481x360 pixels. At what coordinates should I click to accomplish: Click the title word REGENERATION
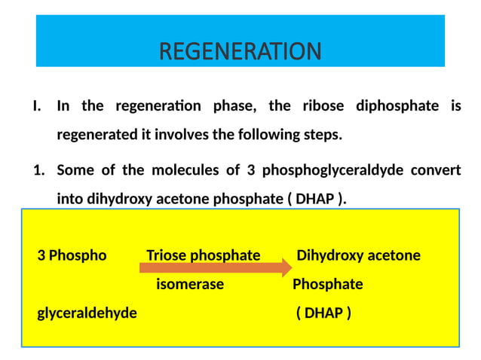click(x=240, y=51)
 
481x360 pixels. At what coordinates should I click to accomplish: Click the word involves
click(x=193, y=136)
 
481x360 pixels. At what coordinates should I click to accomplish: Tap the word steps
click(x=322, y=136)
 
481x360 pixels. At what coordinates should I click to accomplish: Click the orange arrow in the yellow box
click(x=215, y=267)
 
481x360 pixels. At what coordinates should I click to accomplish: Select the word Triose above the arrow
click(x=167, y=255)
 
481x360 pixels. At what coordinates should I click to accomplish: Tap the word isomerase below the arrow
click(x=190, y=285)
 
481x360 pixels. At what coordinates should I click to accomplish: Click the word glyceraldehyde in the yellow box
click(x=87, y=313)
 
